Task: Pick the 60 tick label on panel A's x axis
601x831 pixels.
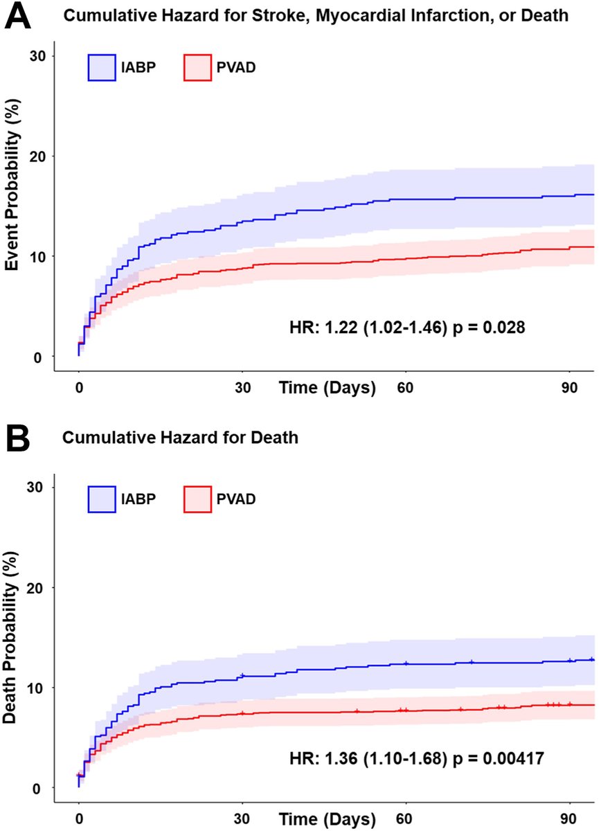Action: click(405, 388)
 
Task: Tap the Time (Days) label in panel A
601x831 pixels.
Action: click(328, 388)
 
